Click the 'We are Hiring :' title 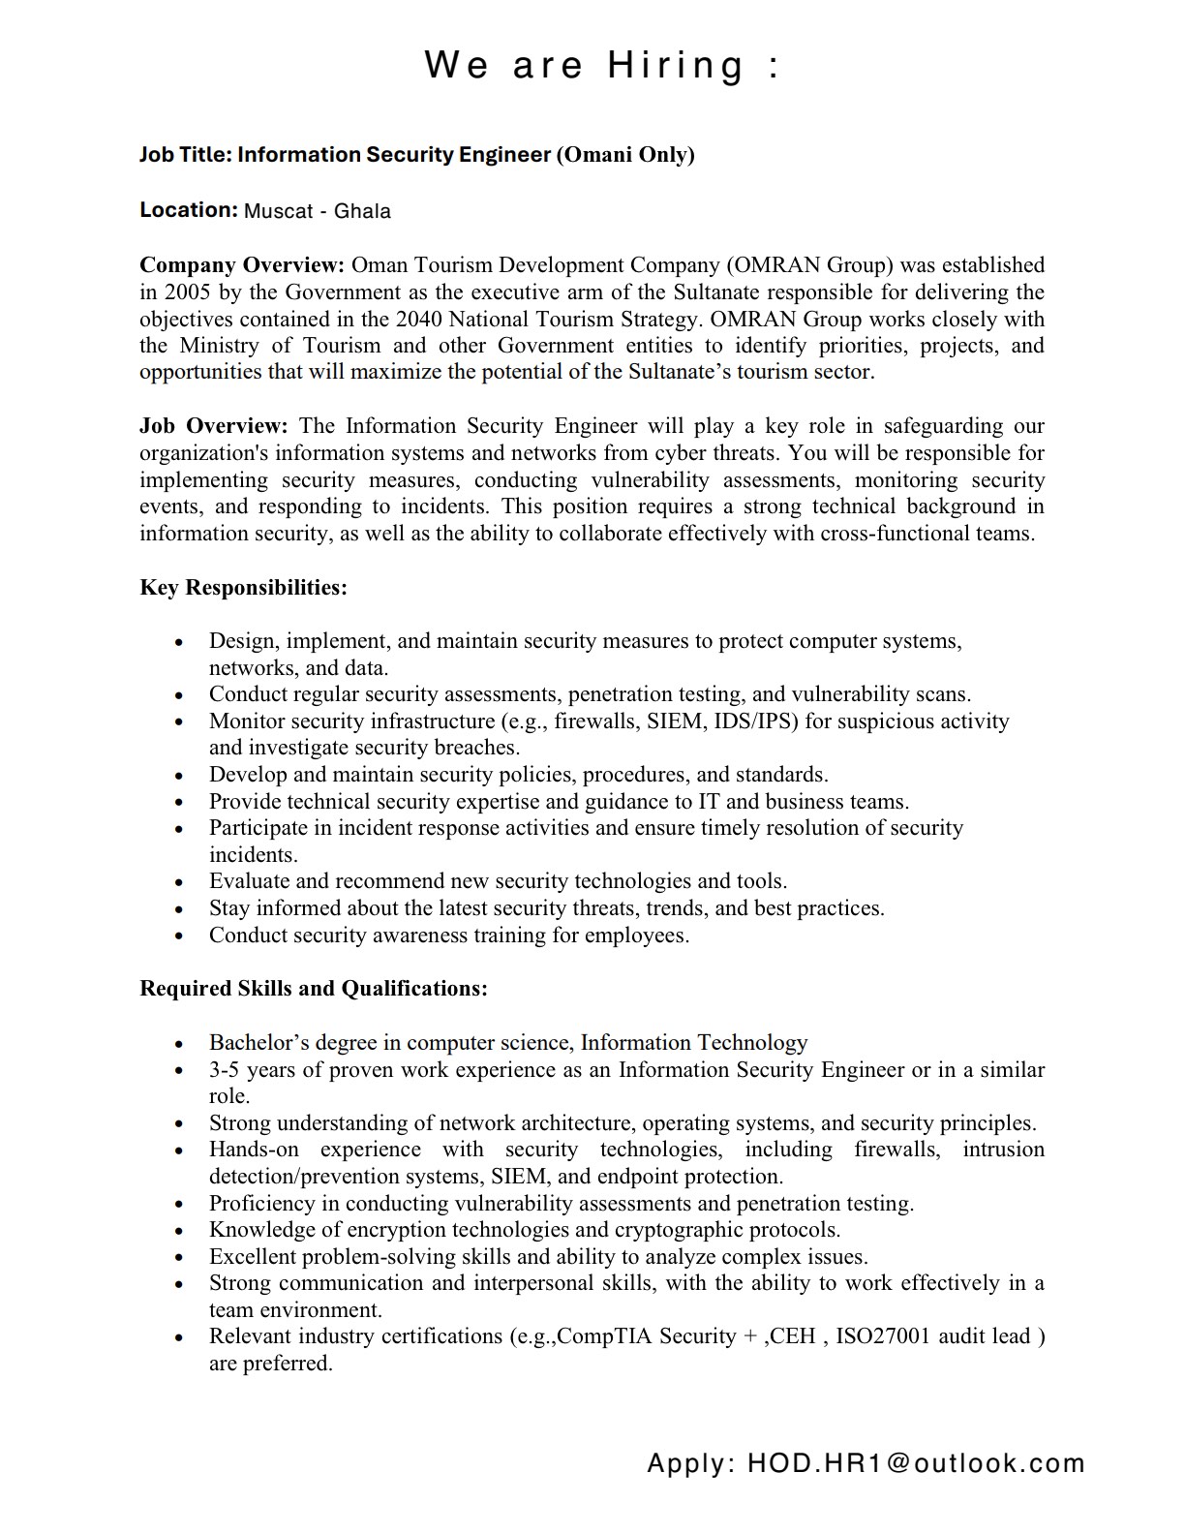[601, 66]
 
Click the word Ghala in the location [362, 211]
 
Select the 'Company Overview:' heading [242, 265]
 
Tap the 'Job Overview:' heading [214, 426]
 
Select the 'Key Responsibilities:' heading [244, 588]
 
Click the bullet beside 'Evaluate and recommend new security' [179, 882]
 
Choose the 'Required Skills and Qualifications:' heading [314, 989]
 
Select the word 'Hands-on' [254, 1150]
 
